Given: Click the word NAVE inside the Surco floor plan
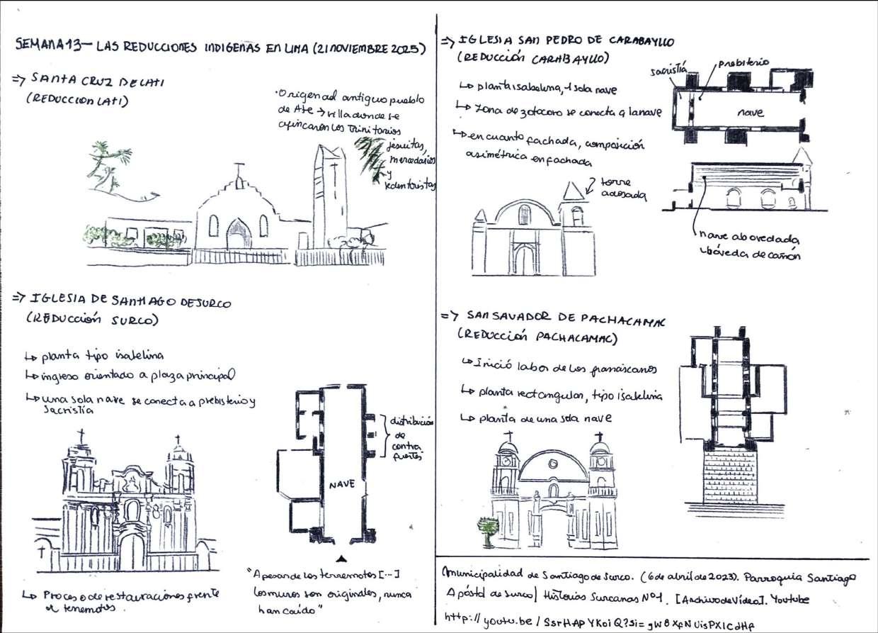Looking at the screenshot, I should (341, 485).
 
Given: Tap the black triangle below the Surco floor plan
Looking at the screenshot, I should (342, 557).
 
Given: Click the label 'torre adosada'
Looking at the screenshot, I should (623, 188).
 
